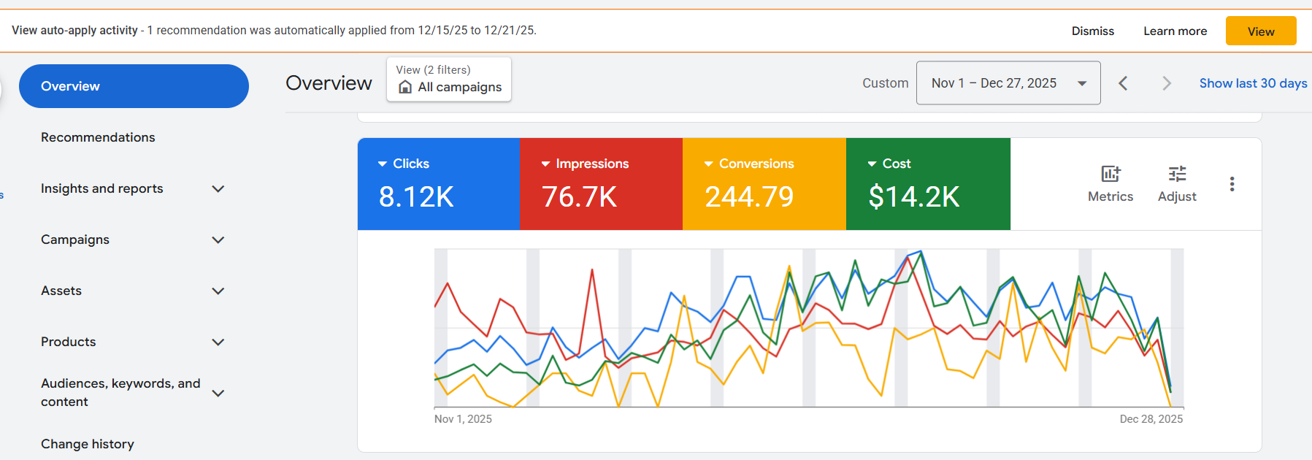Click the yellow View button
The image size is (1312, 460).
1260,31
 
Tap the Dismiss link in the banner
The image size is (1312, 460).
1092,31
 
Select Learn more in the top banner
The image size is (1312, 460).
1175,31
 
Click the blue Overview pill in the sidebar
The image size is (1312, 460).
134,86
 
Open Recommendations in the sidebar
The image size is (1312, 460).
98,137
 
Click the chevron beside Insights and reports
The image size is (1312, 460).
218,189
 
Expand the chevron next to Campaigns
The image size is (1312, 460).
218,240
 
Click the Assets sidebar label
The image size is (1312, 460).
61,291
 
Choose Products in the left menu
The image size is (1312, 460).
68,342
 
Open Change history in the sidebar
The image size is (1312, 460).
88,444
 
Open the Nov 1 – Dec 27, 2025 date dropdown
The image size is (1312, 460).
1008,83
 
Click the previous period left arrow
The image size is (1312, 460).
1123,83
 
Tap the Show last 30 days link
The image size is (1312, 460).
1253,83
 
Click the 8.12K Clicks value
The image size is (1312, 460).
416,196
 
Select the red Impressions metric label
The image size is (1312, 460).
591,164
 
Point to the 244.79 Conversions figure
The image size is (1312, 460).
749,196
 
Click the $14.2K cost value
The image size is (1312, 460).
914,196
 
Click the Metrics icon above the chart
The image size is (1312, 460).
1110,175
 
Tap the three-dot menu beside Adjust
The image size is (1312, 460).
1232,184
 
